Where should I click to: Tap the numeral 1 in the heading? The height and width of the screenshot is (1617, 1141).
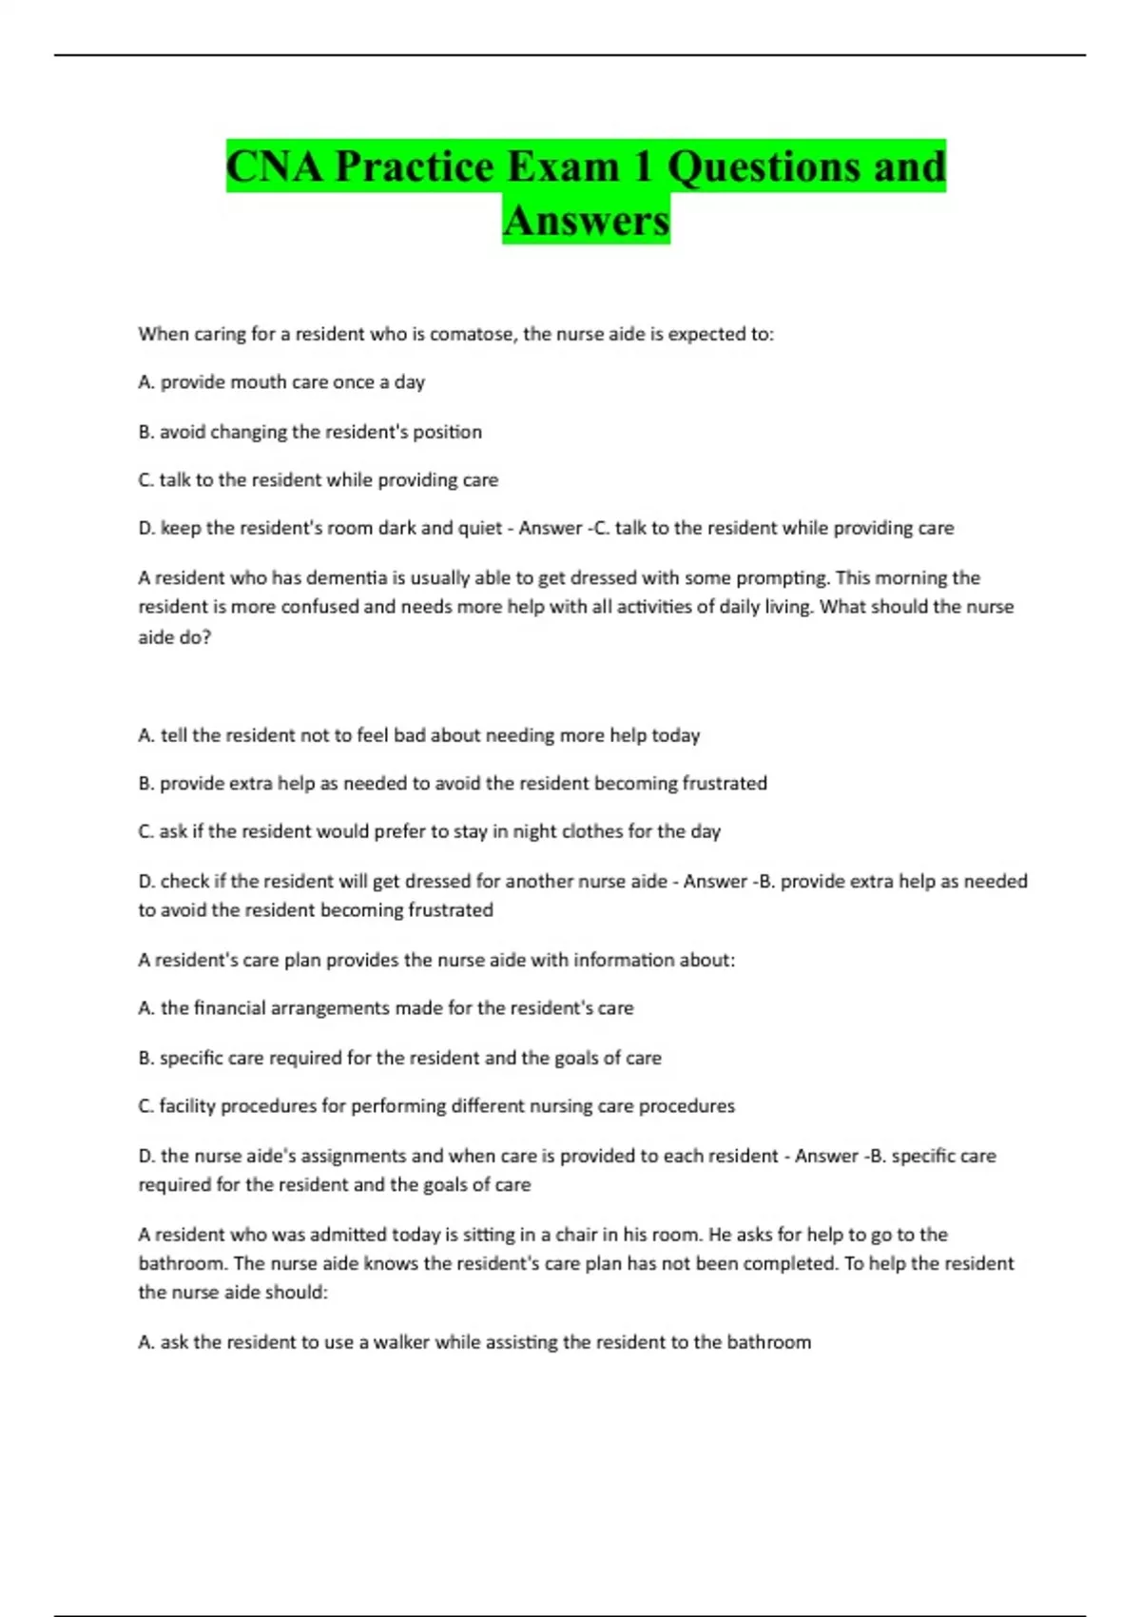pos(642,166)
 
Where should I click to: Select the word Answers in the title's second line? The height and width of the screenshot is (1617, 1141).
pos(586,220)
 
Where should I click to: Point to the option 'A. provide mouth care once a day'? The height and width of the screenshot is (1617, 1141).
pos(281,382)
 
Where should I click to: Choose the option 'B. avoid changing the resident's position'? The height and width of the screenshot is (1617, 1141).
pos(310,432)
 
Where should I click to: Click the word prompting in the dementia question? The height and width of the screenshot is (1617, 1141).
pos(781,577)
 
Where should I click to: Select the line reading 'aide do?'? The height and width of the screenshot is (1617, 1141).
pos(175,637)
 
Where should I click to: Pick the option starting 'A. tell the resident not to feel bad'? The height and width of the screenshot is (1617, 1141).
pos(418,735)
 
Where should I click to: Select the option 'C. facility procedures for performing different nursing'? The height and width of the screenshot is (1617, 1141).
pos(436,1106)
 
